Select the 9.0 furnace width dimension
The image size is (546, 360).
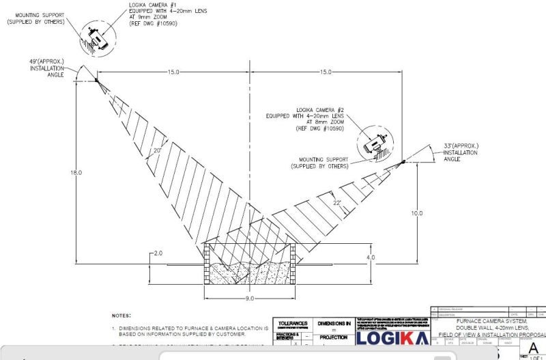tap(250, 299)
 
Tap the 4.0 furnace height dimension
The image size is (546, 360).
tap(371, 258)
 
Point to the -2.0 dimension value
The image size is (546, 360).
tap(156, 253)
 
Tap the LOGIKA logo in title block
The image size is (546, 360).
tap(392, 339)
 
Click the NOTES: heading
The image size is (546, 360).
tap(122, 316)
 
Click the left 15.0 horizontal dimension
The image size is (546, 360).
tap(173, 72)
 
